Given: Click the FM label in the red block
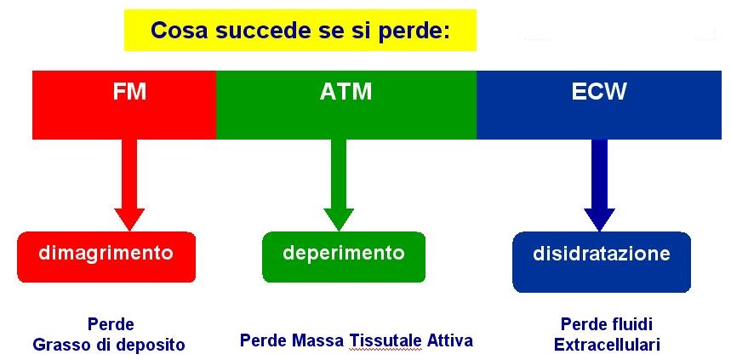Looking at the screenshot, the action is [x=129, y=92].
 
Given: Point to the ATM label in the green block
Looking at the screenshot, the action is [x=346, y=92].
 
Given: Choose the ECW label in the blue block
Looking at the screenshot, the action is [x=598, y=92].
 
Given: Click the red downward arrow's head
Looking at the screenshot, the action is [x=129, y=219].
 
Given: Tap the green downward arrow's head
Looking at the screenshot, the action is [x=339, y=219].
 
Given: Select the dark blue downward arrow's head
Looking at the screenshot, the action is [x=599, y=219].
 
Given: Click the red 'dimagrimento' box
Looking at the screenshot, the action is [x=106, y=256].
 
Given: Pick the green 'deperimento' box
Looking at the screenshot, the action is [x=344, y=256].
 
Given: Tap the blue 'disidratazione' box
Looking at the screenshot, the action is [x=602, y=261].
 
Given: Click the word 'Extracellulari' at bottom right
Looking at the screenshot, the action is [x=607, y=345].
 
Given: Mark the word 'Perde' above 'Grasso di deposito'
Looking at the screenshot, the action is [x=110, y=323].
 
